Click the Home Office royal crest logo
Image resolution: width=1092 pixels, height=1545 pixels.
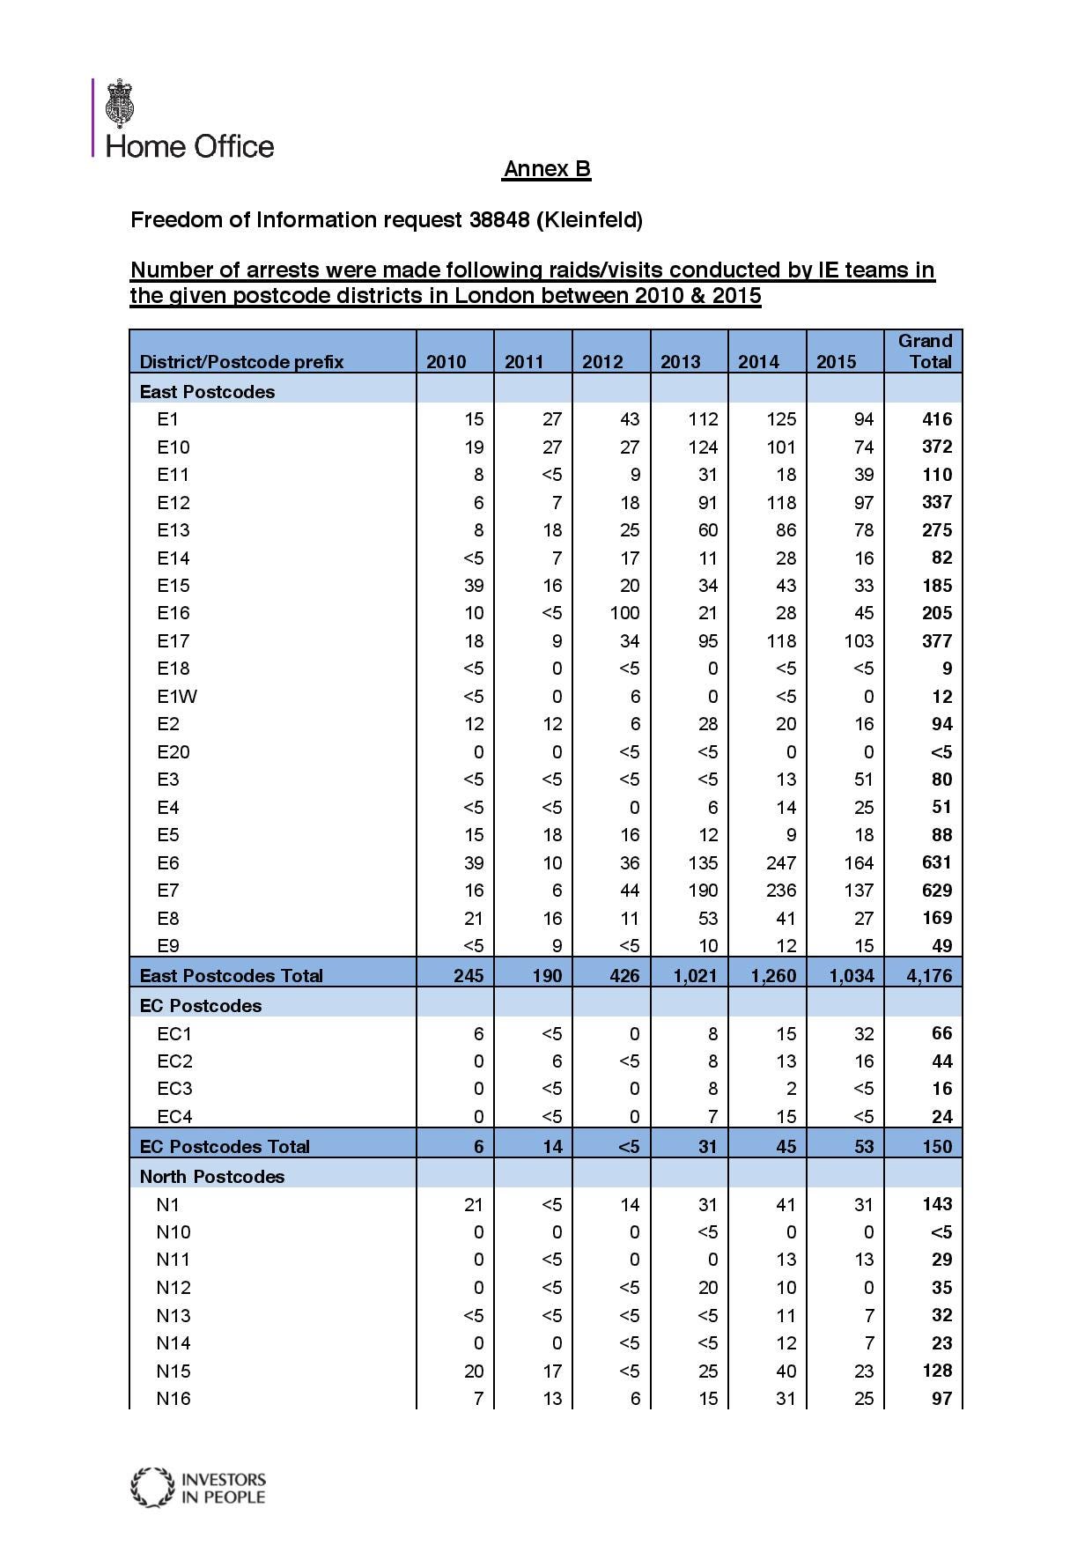click(x=119, y=104)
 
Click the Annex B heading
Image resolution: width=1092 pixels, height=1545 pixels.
click(x=546, y=169)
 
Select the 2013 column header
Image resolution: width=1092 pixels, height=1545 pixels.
click(x=680, y=362)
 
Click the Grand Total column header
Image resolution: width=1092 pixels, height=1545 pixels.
click(x=925, y=351)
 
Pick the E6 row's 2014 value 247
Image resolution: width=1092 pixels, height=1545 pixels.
click(x=780, y=863)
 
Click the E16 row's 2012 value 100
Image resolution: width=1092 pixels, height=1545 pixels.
click(x=624, y=613)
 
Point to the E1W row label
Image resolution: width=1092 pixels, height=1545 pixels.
click(x=177, y=697)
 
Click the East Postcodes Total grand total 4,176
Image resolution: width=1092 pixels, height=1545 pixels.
click(x=929, y=975)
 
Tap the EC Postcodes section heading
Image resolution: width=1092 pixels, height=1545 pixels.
click(x=200, y=1006)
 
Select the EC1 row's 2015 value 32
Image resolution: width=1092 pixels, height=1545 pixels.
click(x=863, y=1034)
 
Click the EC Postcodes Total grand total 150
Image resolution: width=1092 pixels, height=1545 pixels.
click(x=937, y=1147)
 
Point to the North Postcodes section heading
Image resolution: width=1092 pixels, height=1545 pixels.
click(x=211, y=1177)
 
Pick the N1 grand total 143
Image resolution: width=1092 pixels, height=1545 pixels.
click(x=937, y=1205)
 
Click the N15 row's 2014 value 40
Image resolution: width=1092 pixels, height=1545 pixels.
click(x=786, y=1371)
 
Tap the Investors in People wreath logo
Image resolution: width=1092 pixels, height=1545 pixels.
click(x=151, y=1488)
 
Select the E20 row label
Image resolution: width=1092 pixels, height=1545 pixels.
click(x=173, y=752)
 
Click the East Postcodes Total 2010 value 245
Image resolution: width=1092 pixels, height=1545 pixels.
click(x=469, y=975)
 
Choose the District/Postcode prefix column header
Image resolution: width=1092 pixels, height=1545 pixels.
click(x=241, y=362)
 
